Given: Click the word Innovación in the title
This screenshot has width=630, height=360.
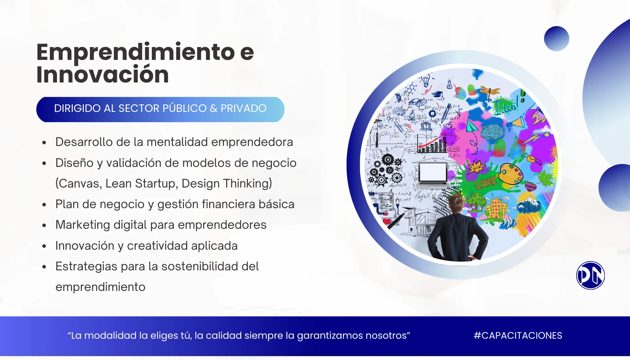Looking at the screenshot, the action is pos(102,74).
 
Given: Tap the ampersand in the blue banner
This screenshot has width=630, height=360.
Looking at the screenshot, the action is pos(213,108).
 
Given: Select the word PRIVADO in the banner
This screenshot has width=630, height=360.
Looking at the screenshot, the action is pos(243,108).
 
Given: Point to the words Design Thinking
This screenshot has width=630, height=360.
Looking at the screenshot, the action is pos(226,184).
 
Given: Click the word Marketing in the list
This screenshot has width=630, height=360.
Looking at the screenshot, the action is pos(83,225).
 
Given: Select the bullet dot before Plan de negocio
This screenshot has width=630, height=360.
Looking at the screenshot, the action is pos(44,205).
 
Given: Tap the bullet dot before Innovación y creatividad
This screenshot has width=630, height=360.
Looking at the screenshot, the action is pos(44,246).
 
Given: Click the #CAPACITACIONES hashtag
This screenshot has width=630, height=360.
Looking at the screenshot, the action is pos(518,335).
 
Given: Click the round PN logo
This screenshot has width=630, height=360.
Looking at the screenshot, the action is pos(590,275).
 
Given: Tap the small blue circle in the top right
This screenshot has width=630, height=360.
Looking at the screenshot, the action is pos(556,39).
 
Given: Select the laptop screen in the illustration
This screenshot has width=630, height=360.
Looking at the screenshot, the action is pos(433,172).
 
